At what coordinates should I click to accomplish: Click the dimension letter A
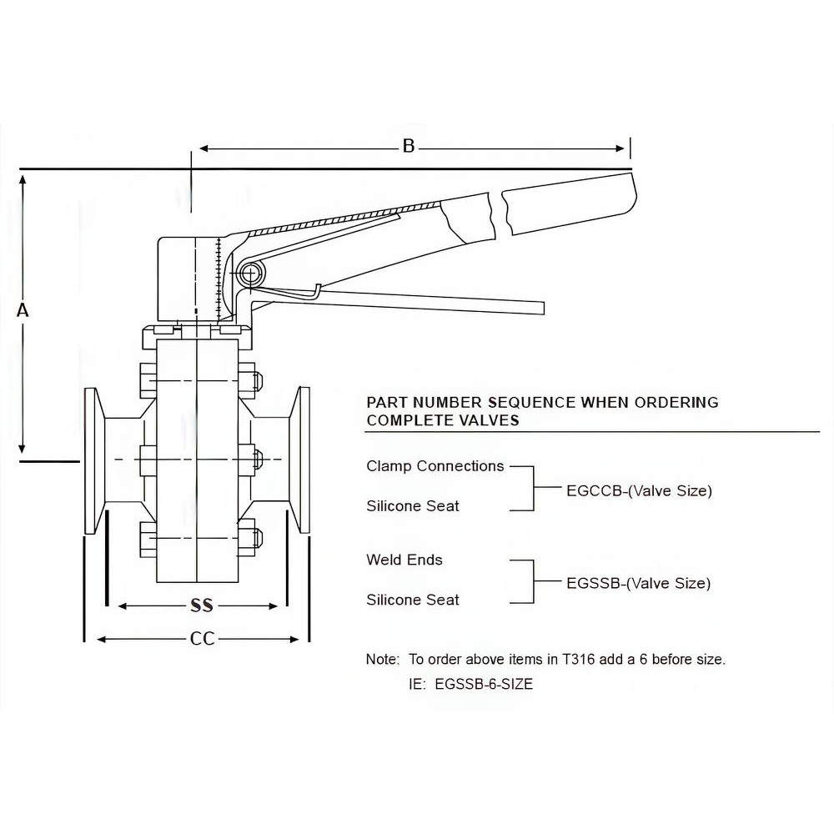click(x=23, y=310)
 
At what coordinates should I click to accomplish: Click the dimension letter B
click(x=409, y=147)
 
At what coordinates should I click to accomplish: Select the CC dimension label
click(x=202, y=639)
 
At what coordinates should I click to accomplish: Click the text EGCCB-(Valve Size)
click(x=639, y=490)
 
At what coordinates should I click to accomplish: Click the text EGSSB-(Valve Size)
click(x=639, y=583)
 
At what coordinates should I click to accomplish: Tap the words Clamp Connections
click(x=435, y=465)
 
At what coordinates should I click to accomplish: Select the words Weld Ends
click(x=404, y=559)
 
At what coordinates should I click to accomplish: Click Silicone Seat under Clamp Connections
click(x=413, y=505)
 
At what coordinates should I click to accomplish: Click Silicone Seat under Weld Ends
click(x=413, y=599)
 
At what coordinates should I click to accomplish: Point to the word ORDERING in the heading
click(x=676, y=402)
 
